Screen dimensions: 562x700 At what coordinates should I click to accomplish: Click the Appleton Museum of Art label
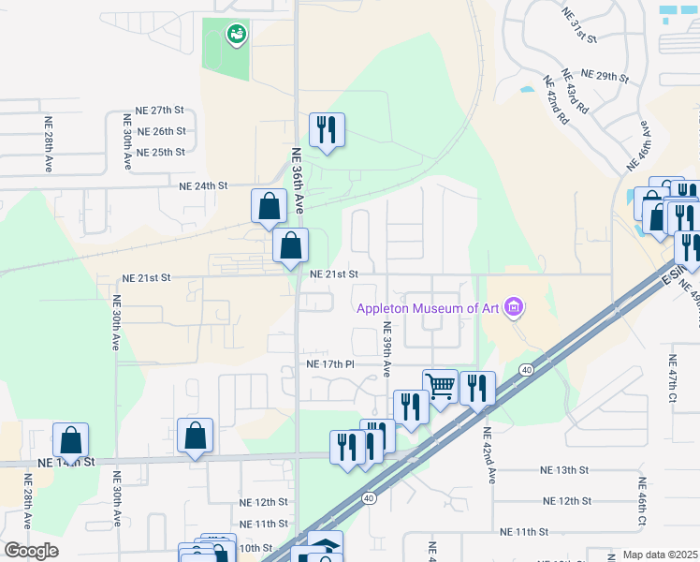[x=427, y=308]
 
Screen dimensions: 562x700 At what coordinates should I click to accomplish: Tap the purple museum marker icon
[x=512, y=306]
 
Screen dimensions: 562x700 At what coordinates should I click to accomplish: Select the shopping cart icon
[x=440, y=384]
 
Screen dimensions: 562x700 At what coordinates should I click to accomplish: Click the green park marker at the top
[x=236, y=36]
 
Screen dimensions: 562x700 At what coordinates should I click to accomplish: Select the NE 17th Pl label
[x=330, y=363]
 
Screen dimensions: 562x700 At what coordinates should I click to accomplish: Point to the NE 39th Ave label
[x=386, y=349]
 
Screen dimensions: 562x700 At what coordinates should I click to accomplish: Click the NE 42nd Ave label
[x=489, y=455]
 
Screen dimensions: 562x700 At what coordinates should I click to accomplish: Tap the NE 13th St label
[x=564, y=469]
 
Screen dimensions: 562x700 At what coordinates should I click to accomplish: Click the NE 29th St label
[x=605, y=74]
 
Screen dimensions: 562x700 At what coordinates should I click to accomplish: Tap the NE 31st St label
[x=579, y=22]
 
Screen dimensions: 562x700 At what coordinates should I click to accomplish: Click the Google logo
[x=30, y=551]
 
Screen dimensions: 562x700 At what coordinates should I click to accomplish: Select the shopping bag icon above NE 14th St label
[x=71, y=438]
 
